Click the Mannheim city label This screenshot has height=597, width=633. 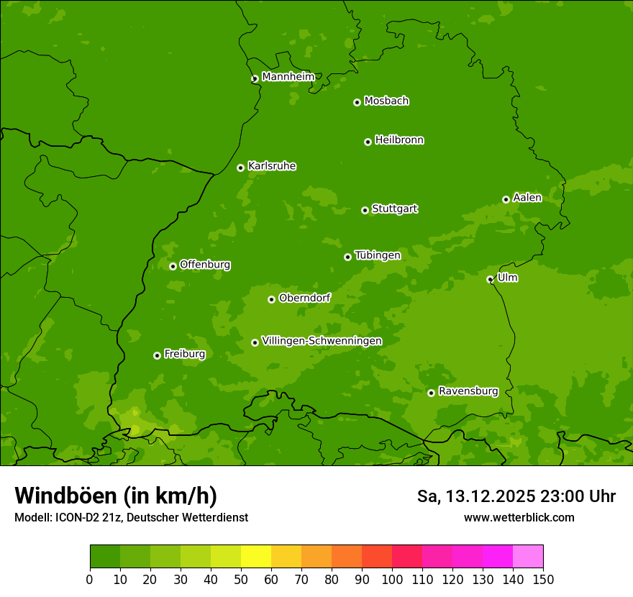288,77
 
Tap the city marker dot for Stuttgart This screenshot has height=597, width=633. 365,210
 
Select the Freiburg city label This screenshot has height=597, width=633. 184,354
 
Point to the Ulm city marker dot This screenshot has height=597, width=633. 490,279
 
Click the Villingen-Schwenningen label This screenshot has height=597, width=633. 322,341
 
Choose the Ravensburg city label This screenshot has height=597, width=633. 468,391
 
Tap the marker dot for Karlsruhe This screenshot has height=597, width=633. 240,168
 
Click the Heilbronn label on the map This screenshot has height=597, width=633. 399,140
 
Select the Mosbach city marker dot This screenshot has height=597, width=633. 357,102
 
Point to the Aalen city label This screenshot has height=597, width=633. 527,198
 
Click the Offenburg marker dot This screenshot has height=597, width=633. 173,266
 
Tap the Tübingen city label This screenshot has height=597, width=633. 377,255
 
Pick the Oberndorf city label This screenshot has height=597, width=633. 304,298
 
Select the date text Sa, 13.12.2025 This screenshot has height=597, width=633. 475,496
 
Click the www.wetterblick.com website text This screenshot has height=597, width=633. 519,517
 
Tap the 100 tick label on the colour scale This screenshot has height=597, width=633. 392,579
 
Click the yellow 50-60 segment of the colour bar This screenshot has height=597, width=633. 256,556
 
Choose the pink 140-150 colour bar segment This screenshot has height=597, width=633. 528,556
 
